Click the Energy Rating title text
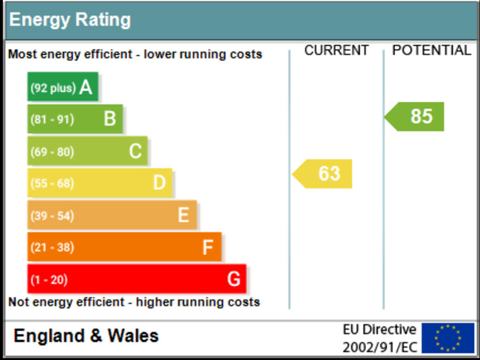click(x=70, y=20)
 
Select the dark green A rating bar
click(x=62, y=87)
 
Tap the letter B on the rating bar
click(x=110, y=119)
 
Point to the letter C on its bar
click(x=135, y=151)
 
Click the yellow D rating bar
click(x=99, y=183)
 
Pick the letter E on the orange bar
click(x=183, y=215)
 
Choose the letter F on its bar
click(x=208, y=247)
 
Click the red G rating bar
click(x=136, y=279)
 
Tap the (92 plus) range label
click(x=53, y=88)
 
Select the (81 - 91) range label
click(x=52, y=120)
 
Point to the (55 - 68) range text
click(x=52, y=183)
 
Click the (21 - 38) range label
click(x=52, y=247)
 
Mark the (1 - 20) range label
click(x=49, y=280)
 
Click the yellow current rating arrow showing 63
click(x=323, y=174)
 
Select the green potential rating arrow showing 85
click(x=416, y=116)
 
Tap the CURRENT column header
click(x=336, y=51)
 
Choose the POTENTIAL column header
click(x=431, y=51)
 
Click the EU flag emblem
click(x=448, y=337)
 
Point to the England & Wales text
click(x=86, y=336)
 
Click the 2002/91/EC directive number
click(x=379, y=347)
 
